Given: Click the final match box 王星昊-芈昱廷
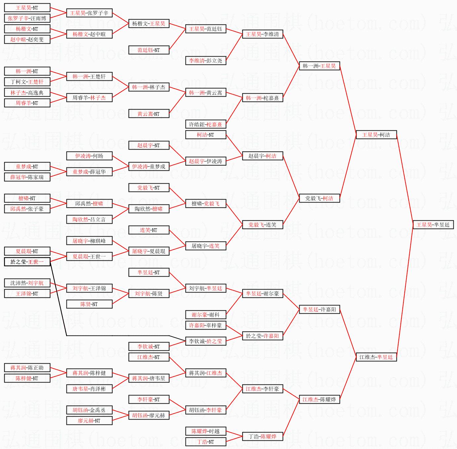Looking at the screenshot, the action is click(x=433, y=225).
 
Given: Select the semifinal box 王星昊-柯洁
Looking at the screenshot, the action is click(x=376, y=135).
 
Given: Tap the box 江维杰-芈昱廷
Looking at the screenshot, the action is click(x=376, y=357).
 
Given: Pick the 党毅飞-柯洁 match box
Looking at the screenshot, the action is click(x=319, y=198).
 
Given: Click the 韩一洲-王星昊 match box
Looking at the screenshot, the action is click(x=319, y=66).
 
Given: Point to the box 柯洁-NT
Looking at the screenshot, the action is click(x=206, y=135).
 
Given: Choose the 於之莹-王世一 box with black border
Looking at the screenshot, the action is click(x=27, y=262).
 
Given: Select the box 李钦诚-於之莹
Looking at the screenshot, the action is click(x=206, y=341).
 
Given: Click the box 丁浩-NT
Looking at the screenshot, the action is click(x=206, y=442).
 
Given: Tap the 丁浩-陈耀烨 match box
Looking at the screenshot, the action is click(x=263, y=436).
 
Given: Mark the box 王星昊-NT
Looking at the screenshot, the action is click(x=27, y=8).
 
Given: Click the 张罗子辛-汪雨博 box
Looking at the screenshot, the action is click(x=27, y=18).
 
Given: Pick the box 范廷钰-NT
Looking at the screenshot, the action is click(x=149, y=50).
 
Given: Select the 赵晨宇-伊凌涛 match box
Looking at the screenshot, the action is click(x=206, y=161).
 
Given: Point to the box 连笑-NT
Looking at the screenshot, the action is click(x=149, y=230).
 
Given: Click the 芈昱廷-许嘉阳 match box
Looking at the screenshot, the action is click(x=319, y=309).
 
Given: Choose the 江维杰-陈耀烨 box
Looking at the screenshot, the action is click(x=319, y=399).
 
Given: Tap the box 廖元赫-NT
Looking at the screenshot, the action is click(x=89, y=421).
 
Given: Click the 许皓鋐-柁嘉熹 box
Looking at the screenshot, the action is click(x=206, y=124).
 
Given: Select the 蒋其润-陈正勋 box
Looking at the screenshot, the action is click(x=27, y=368).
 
